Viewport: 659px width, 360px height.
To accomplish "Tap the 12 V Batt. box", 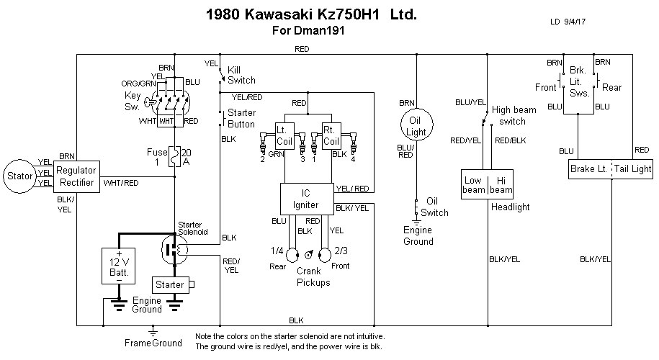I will tap(115, 266).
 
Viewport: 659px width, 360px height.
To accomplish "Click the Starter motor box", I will tap(170, 284).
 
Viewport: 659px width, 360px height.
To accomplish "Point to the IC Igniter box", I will tap(306, 199).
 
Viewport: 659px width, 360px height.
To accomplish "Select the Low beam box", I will tap(474, 184).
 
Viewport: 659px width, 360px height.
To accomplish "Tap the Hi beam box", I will tap(501, 184).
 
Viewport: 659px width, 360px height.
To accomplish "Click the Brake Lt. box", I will tap(586, 168).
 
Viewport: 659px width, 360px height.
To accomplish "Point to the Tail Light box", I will tap(632, 168).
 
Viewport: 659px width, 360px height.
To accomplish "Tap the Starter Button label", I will tap(241, 118).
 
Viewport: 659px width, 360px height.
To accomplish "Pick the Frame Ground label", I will tap(156, 343).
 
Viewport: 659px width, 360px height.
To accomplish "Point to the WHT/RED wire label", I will tap(121, 183).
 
